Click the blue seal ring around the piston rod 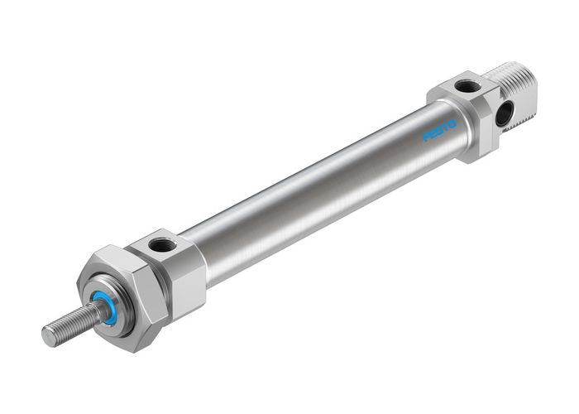[106, 306]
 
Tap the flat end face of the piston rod [48, 335]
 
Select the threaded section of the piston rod [70, 325]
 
